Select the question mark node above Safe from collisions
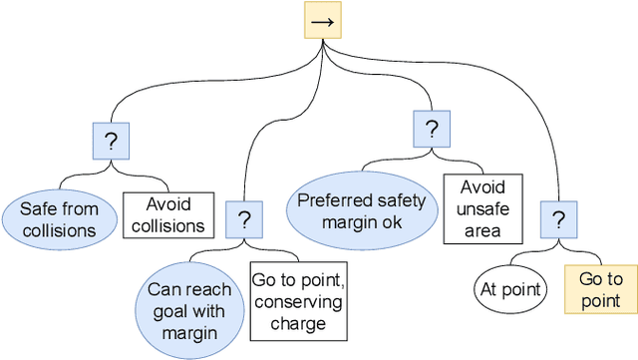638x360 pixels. tap(111, 142)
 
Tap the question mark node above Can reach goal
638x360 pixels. tap(244, 218)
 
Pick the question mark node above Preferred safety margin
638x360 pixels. tap(431, 129)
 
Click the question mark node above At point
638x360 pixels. tap(558, 218)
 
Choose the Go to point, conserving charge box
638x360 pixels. tap(296, 300)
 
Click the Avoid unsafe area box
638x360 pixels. tap(482, 209)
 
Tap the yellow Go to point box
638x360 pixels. tap(600, 290)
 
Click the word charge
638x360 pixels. tap(296, 323)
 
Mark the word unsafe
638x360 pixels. tap(482, 209)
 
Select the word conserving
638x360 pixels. tap(296, 301)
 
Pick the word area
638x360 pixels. tap(482, 231)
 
